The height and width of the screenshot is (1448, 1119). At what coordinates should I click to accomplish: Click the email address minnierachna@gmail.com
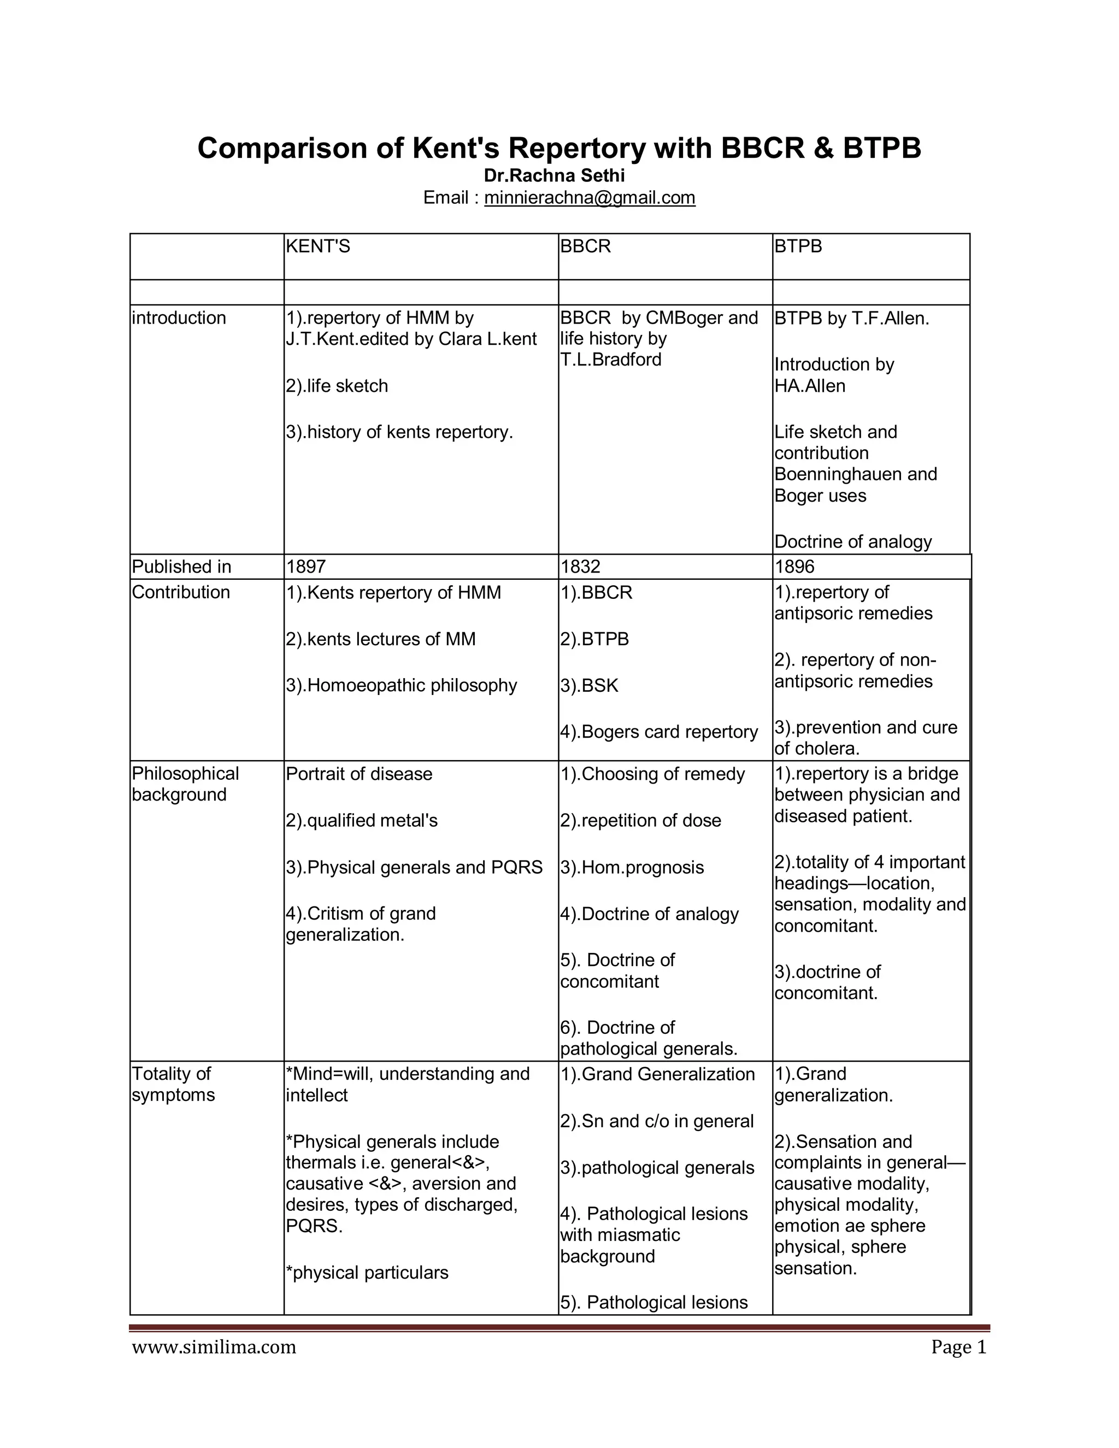pos(590,198)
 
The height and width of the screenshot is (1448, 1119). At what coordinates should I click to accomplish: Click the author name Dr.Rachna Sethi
pos(554,176)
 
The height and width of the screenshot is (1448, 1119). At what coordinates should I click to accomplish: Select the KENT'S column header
pos(317,246)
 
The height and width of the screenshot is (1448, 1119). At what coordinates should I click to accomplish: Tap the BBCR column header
pos(585,246)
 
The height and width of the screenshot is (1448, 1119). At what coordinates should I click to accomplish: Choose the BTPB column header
pos(798,246)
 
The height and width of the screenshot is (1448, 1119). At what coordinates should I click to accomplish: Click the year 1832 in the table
pos(580,567)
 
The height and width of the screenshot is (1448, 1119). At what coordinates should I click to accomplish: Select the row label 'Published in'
pos(181,567)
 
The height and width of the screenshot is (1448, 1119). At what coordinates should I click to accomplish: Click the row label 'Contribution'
pos(181,592)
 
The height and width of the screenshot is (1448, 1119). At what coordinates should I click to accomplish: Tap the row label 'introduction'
pos(179,318)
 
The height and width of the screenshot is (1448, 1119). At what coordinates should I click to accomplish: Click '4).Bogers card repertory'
pos(659,732)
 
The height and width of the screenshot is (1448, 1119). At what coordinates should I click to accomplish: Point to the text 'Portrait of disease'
pos(358,774)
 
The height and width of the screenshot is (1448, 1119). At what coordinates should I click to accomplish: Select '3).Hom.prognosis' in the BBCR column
pos(632,867)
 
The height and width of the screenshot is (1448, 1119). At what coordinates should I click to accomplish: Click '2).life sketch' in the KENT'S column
pos(337,386)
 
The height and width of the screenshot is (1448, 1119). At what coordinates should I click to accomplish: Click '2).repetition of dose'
pos(640,821)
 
